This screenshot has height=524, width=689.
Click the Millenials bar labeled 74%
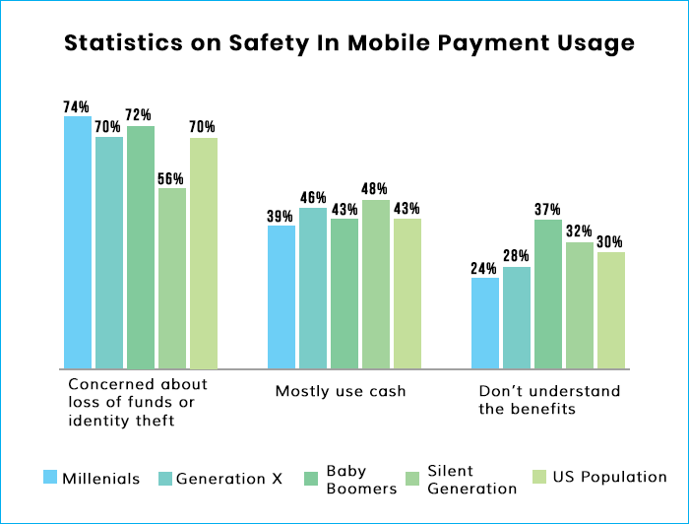coord(78,242)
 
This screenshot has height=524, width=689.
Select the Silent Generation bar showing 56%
coord(172,279)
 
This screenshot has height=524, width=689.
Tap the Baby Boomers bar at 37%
coord(548,294)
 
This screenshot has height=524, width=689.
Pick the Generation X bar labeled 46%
coord(313,288)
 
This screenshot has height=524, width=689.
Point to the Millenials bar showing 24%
coord(485,323)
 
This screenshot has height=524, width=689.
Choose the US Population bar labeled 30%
coord(611,310)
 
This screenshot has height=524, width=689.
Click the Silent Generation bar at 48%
coord(376,284)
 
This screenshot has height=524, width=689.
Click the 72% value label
coord(139,114)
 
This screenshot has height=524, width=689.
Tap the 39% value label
coord(280,217)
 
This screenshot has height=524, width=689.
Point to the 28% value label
coord(517,256)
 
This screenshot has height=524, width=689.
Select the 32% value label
coord(579,231)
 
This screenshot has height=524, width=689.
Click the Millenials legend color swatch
coord(50,477)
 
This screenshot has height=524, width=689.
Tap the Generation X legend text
coord(229,479)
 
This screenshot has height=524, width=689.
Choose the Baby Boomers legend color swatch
coord(311,479)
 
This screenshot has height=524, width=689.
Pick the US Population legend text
coord(609,477)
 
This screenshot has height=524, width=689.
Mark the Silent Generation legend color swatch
coord(412,479)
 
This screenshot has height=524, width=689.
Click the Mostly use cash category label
coord(341,391)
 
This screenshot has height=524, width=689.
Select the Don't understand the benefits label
coord(549,400)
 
